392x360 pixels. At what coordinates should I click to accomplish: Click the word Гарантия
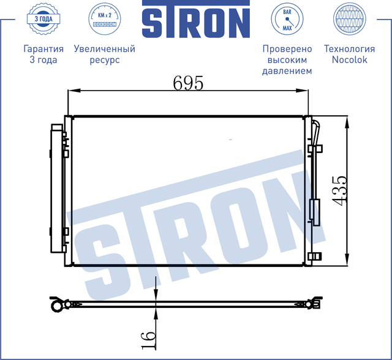tap(43, 49)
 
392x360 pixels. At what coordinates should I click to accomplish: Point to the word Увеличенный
tap(104, 49)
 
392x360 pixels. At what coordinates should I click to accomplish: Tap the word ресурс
tap(104, 60)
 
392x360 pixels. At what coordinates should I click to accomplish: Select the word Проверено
tap(287, 49)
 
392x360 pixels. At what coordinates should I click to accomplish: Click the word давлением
tap(287, 71)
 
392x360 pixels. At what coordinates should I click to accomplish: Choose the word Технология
tap(349, 49)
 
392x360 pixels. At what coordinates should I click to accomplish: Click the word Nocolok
tap(349, 60)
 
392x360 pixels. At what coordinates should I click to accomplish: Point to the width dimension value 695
tap(187, 83)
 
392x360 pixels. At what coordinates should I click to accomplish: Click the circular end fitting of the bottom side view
tap(56, 303)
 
